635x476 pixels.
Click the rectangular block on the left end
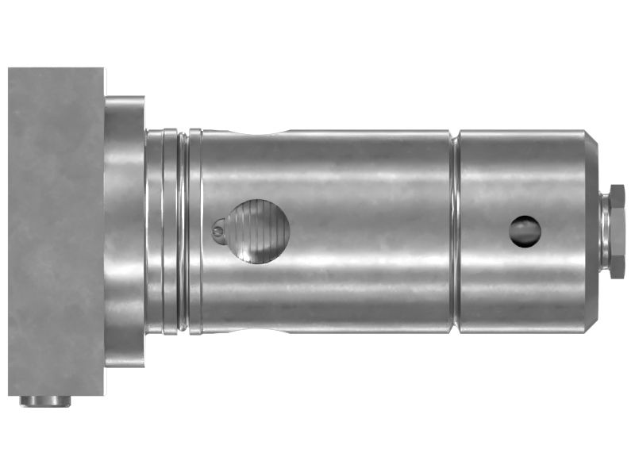click(56, 231)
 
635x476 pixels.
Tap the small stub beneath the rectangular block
click(45, 401)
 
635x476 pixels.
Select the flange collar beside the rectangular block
click(125, 231)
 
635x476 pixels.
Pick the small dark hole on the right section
click(525, 231)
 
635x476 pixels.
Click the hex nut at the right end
click(617, 231)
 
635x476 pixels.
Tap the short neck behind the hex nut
click(603, 231)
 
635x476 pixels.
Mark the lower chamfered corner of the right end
click(591, 319)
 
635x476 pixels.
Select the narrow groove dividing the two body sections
click(455, 231)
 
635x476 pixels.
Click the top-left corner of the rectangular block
click(10, 69)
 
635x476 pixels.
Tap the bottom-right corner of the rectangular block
click(103, 394)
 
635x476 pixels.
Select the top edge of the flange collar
click(125, 98)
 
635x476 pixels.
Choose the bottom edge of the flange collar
click(125, 366)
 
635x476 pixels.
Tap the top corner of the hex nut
click(617, 186)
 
